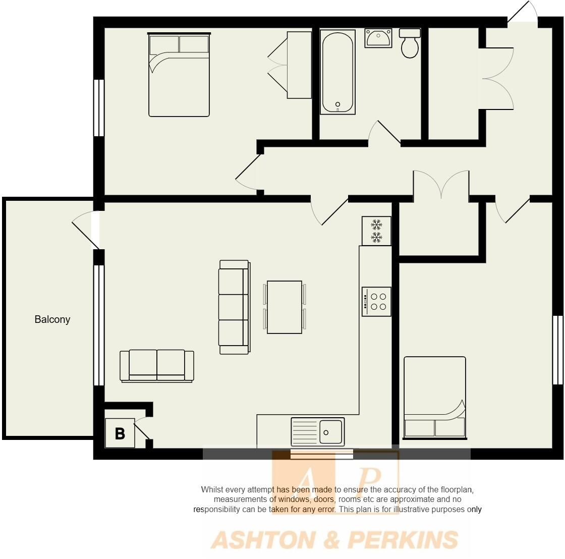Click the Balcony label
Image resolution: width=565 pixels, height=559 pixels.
52,319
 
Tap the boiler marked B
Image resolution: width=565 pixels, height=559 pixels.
120,433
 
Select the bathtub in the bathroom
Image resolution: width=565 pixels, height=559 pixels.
338,72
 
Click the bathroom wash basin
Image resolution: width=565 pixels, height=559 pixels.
378,38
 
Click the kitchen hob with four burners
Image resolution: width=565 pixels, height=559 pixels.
376,302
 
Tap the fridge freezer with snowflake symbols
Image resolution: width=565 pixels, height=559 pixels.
376,231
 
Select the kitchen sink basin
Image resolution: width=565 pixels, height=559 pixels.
330,432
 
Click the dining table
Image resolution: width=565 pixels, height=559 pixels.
285,307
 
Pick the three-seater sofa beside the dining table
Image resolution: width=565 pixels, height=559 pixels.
234,307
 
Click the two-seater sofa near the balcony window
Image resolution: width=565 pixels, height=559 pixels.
157,365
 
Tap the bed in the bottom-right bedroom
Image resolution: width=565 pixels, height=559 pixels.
434,398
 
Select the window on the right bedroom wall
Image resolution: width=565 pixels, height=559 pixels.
557,350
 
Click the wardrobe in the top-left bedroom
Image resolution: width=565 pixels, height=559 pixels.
299,65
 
